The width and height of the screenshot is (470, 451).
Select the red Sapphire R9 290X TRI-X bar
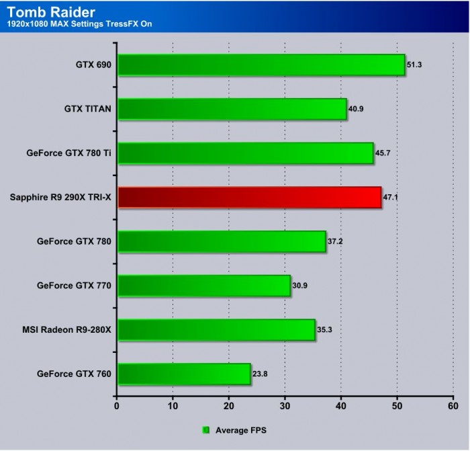[x=249, y=198]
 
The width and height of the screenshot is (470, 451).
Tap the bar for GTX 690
[x=261, y=65]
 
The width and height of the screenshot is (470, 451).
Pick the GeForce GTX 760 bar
[x=184, y=374]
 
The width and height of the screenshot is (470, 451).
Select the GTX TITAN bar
[x=232, y=109]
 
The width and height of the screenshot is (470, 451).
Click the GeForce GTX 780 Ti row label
[x=68, y=153]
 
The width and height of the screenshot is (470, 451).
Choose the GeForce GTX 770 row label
[x=75, y=286]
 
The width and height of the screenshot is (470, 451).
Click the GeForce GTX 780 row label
[x=75, y=241]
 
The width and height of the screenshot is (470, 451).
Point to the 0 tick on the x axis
[x=117, y=406]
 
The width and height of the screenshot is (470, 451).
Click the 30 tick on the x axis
[x=285, y=406]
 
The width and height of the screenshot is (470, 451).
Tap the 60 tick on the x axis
[x=453, y=406]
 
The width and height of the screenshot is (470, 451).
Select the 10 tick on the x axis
[x=173, y=406]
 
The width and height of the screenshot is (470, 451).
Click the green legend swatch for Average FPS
[x=207, y=429]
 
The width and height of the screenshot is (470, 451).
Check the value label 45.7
[x=383, y=153]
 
